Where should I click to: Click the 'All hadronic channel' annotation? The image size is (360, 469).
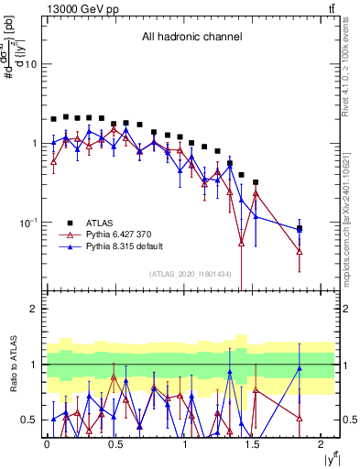(191, 38)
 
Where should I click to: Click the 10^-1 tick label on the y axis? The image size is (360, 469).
(27, 223)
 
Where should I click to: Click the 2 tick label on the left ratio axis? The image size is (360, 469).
(33, 309)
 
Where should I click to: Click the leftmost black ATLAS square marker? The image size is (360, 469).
(54, 119)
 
